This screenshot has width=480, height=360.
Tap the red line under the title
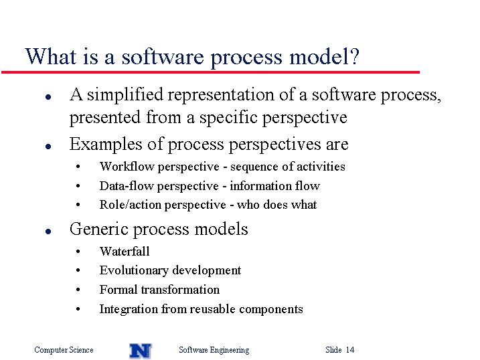210,72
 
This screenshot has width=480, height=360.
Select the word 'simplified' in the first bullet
125,94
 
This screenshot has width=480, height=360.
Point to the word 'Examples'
106,144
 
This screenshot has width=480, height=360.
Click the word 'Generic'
98,229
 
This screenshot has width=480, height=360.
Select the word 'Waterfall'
125,252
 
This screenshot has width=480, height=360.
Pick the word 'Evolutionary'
134,271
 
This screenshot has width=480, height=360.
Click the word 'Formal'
118,290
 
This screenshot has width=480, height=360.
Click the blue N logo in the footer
141,351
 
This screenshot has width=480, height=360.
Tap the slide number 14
350,349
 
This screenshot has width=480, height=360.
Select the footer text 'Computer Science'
64,350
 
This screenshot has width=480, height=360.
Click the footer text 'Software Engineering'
214,350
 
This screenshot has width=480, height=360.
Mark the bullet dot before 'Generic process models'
48,232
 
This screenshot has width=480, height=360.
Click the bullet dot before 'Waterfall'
78,252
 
